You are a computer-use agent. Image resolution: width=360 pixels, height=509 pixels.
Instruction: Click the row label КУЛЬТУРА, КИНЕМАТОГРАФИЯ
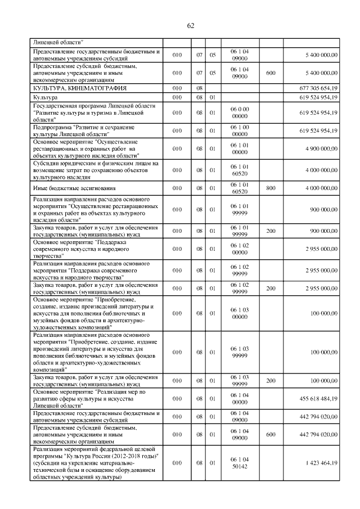click(79, 88)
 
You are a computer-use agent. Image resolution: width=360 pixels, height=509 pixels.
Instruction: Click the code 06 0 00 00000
click(240, 112)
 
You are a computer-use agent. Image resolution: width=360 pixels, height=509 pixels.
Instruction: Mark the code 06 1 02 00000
click(240, 248)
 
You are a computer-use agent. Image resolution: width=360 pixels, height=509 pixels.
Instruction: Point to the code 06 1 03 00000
click(240, 312)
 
